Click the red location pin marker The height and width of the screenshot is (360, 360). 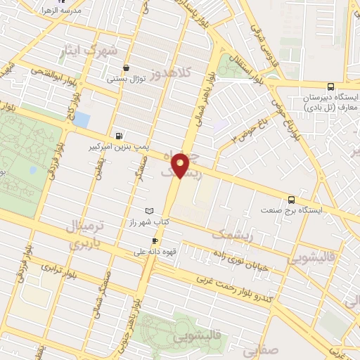click(181, 165)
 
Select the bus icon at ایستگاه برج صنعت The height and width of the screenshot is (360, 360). click(292, 198)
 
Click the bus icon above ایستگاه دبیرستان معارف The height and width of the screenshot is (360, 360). click(350, 85)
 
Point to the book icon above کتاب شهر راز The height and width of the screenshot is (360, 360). click(148, 211)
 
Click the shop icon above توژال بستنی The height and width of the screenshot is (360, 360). click(126, 68)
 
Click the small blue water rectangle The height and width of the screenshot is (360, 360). click(83, 120)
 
